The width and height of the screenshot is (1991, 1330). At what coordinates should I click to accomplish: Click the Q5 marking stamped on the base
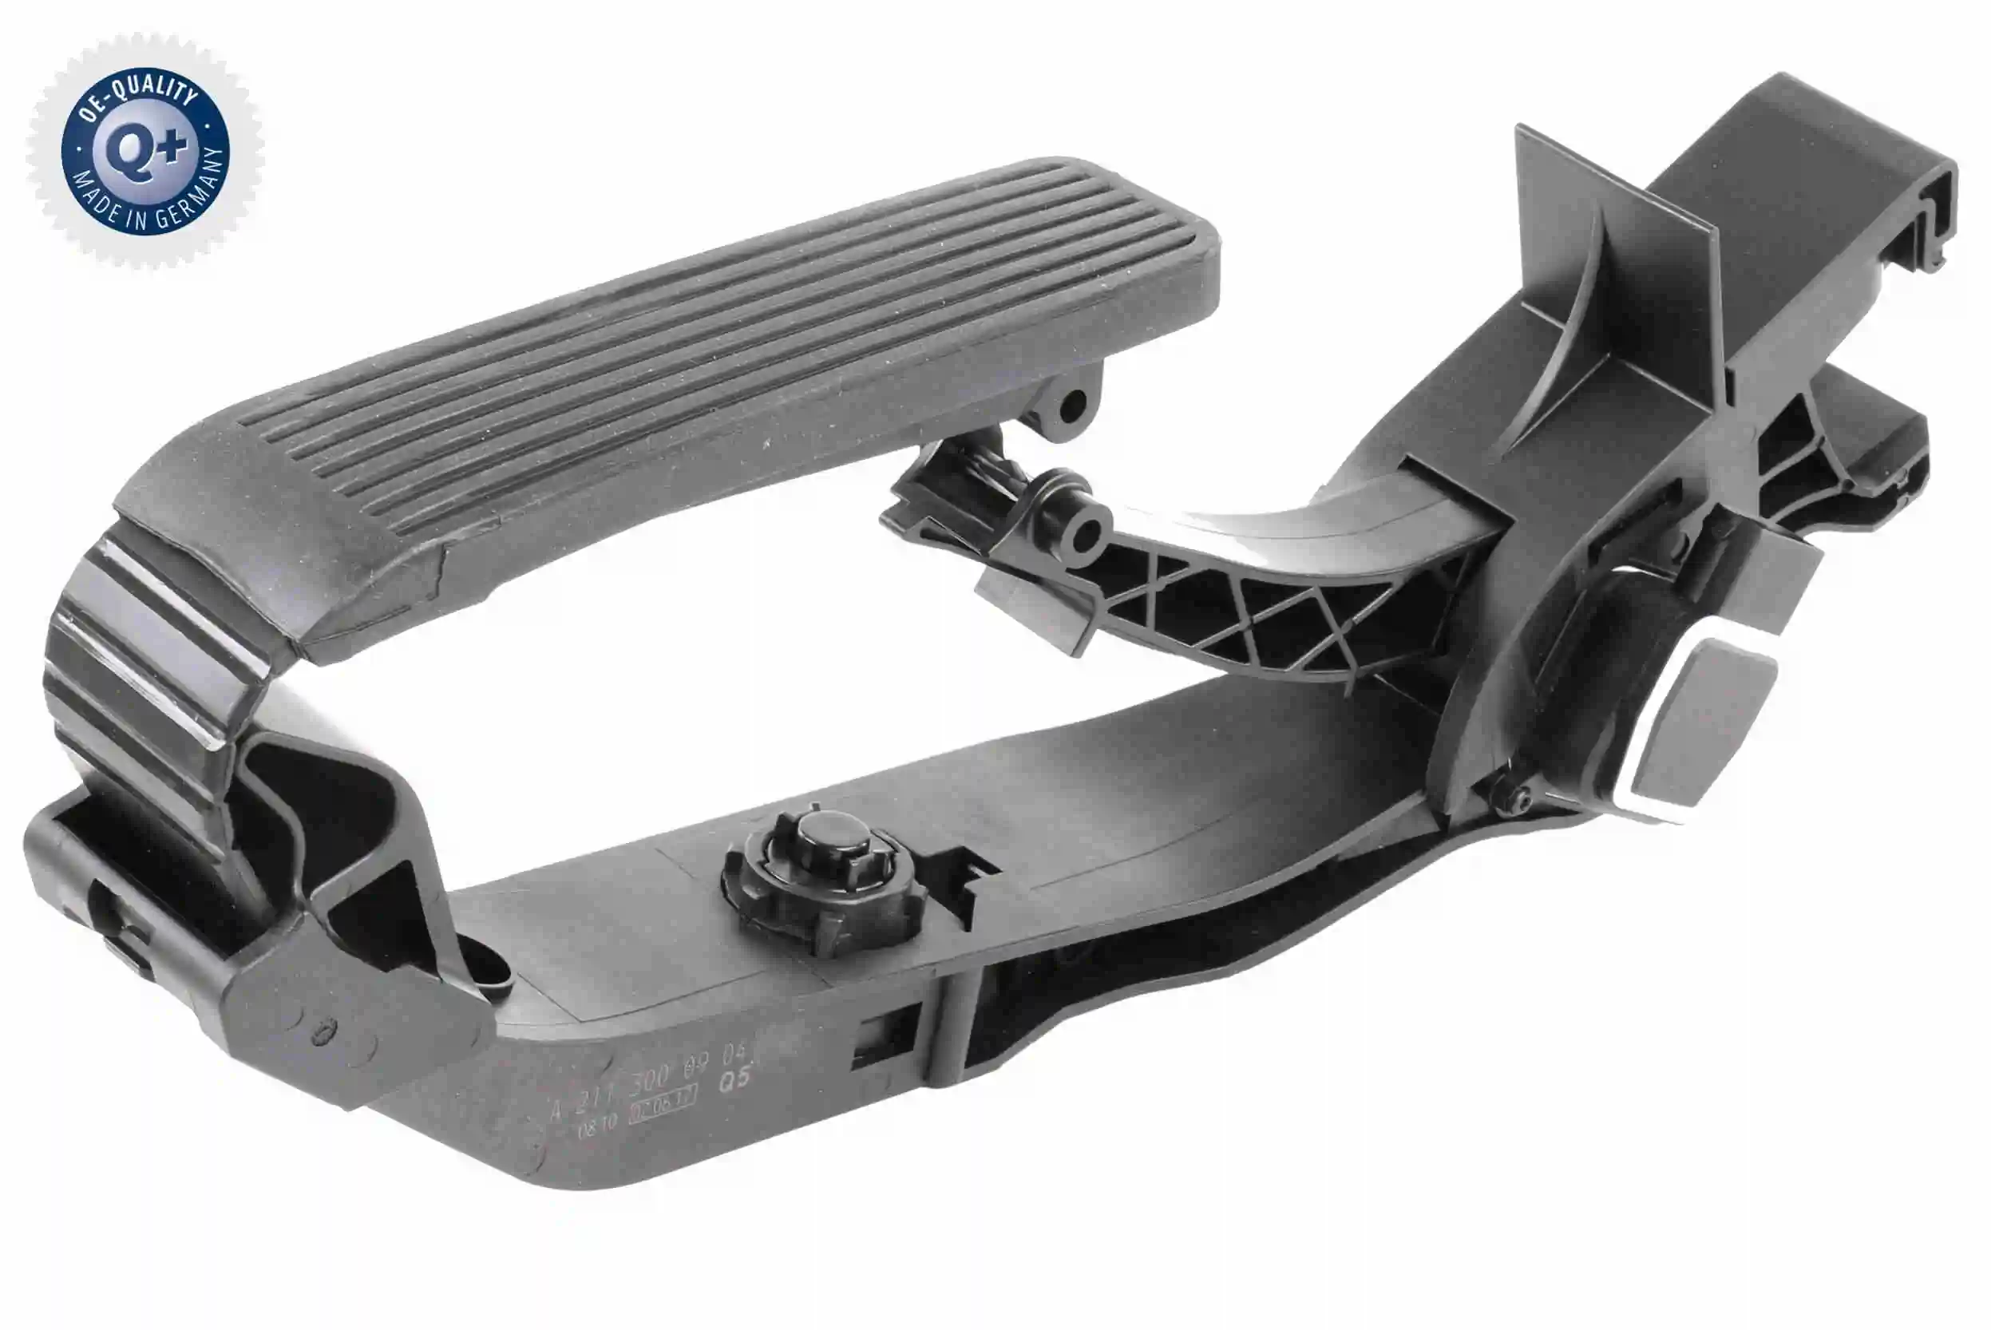click(734, 1080)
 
